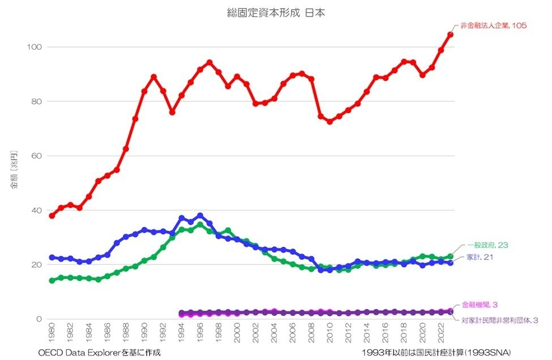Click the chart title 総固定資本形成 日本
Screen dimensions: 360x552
pyautogui.click(x=276, y=12)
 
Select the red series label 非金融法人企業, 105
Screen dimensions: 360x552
pyautogui.click(x=493, y=26)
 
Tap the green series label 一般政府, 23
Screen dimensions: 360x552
pyautogui.click(x=487, y=245)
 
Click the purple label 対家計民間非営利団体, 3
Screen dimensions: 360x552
pyautogui.click(x=499, y=320)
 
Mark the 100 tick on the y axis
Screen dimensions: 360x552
pyautogui.click(x=35, y=47)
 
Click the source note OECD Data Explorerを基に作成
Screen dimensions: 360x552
pyautogui.click(x=100, y=353)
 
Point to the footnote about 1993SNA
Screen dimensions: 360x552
pyautogui.click(x=437, y=353)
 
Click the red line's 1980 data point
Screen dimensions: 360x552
pyautogui.click(x=52, y=216)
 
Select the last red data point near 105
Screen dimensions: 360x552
pyautogui.click(x=451, y=35)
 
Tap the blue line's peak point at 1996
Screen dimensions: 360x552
pyautogui.click(x=200, y=216)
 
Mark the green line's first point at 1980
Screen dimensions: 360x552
pyautogui.click(x=52, y=280)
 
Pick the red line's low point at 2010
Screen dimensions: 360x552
pyautogui.click(x=330, y=122)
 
